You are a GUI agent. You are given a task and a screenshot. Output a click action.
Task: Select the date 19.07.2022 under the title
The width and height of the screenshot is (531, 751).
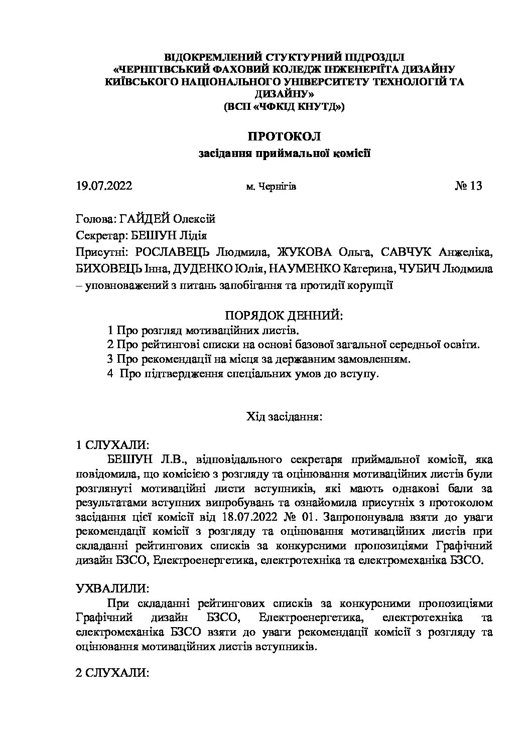104,187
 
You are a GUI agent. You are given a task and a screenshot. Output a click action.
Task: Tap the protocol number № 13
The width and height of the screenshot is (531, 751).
468,186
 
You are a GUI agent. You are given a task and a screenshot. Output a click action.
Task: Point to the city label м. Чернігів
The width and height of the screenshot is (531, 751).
271,187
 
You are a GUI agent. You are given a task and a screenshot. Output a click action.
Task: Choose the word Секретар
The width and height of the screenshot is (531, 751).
98,235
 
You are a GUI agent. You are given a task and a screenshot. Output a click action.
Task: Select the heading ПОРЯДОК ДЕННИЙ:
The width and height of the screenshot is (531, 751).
284,316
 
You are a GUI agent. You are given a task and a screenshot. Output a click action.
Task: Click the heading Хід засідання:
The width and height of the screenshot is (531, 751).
284,416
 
